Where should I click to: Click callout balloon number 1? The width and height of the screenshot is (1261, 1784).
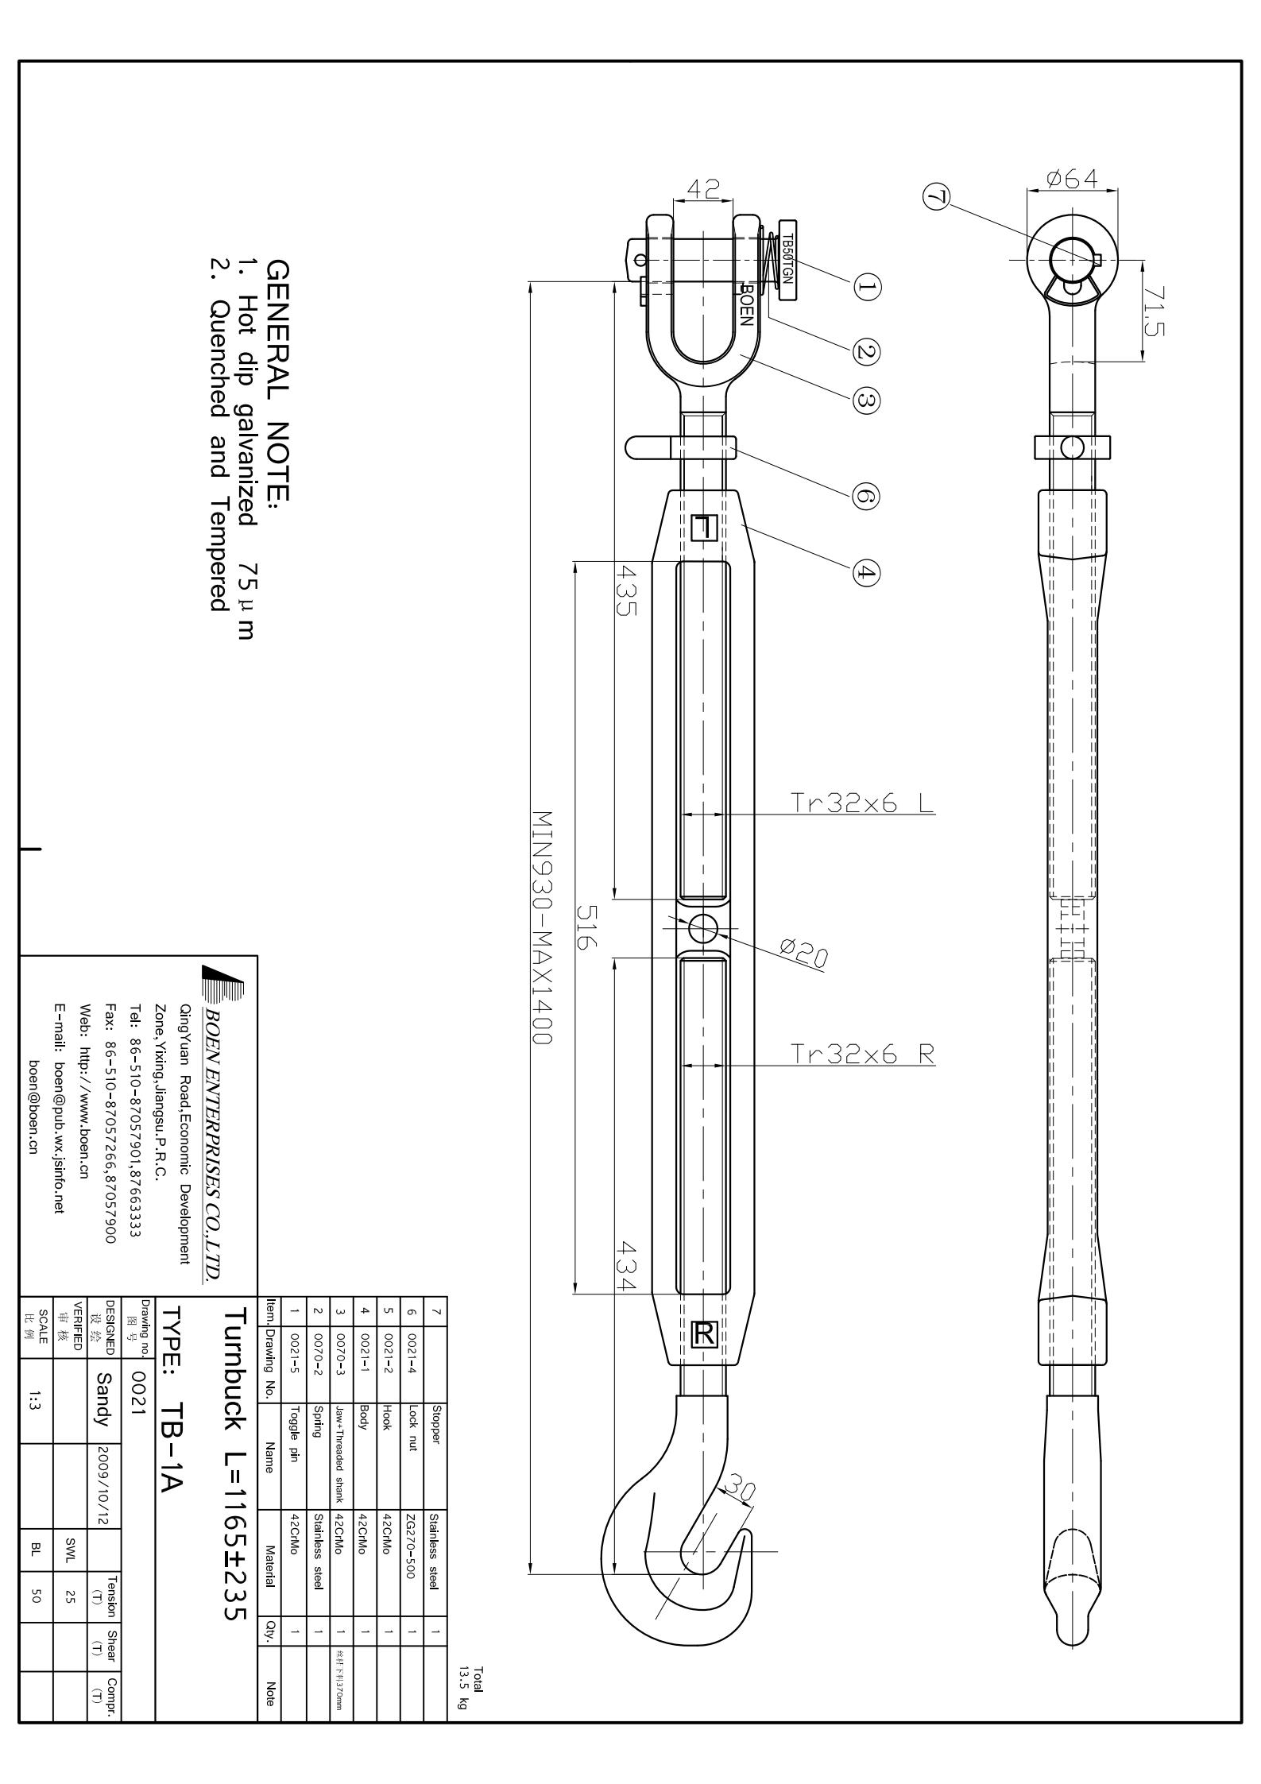point(867,287)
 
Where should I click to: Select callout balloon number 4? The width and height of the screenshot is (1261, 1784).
point(867,572)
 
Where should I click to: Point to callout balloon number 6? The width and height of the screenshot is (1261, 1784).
point(867,497)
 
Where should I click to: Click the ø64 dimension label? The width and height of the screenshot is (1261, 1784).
point(1072,179)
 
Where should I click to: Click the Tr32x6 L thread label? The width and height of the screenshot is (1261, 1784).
point(863,803)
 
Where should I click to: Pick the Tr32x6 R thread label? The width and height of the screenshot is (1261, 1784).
point(863,1054)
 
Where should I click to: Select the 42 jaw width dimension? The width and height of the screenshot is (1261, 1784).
point(702,189)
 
